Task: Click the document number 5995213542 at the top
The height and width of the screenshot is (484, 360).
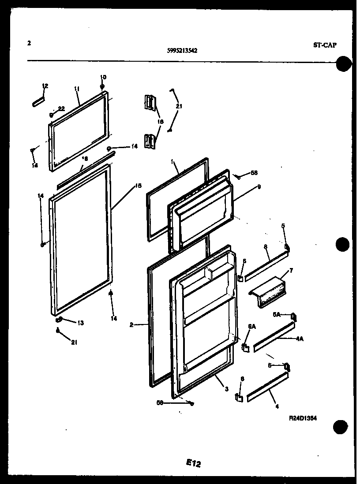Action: click(x=182, y=51)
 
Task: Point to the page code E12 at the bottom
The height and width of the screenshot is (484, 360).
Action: click(x=194, y=462)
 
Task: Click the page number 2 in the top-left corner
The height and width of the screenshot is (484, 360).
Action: click(x=29, y=43)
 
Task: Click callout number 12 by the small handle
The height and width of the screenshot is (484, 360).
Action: click(x=45, y=86)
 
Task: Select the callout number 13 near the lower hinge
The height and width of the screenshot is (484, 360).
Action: click(x=80, y=323)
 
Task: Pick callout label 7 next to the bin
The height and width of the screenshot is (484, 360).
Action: click(x=291, y=270)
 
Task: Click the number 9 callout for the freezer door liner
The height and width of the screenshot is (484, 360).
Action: click(x=259, y=187)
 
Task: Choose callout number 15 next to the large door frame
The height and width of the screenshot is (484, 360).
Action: click(x=138, y=186)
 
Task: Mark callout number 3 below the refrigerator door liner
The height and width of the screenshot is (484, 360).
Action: click(x=226, y=389)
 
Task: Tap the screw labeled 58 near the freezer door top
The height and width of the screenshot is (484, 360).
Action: click(x=238, y=176)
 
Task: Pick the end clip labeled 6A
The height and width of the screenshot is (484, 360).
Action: click(x=245, y=347)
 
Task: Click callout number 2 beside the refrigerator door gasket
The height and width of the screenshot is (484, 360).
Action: click(x=132, y=325)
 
